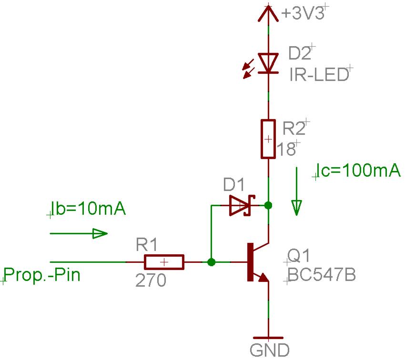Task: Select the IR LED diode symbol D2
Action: (x=268, y=63)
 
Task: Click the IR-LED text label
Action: (x=319, y=75)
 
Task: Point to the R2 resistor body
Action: (x=268, y=139)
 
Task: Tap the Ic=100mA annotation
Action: (x=358, y=170)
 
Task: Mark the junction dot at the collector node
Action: (x=268, y=206)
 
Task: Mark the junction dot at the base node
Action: (x=212, y=262)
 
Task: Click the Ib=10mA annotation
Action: (x=88, y=210)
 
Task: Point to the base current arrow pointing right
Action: (x=79, y=233)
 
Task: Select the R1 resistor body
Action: (x=163, y=262)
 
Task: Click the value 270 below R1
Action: (x=151, y=281)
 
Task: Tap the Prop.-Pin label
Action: (x=41, y=275)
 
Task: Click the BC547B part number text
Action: (x=322, y=275)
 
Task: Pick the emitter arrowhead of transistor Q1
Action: (x=263, y=278)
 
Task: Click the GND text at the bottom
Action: (x=269, y=350)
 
